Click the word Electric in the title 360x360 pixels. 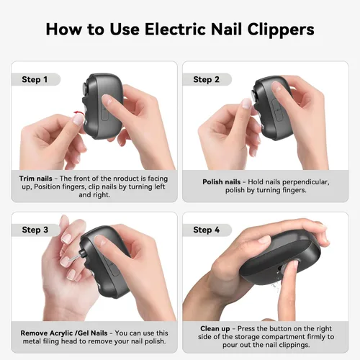[x=176, y=30]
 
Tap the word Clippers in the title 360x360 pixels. [x=281, y=30]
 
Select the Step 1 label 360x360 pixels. [x=35, y=79]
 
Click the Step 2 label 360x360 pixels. [x=206, y=79]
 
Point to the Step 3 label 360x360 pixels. [x=35, y=230]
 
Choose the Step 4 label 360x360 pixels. [x=207, y=230]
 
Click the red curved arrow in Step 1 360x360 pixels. [x=78, y=112]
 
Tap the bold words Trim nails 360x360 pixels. [x=35, y=179]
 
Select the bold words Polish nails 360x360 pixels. [x=221, y=182]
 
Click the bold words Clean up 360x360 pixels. [x=215, y=328]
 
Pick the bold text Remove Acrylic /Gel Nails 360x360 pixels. [x=64, y=333]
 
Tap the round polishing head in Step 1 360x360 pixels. [x=85, y=89]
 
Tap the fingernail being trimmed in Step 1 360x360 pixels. [x=78, y=120]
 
